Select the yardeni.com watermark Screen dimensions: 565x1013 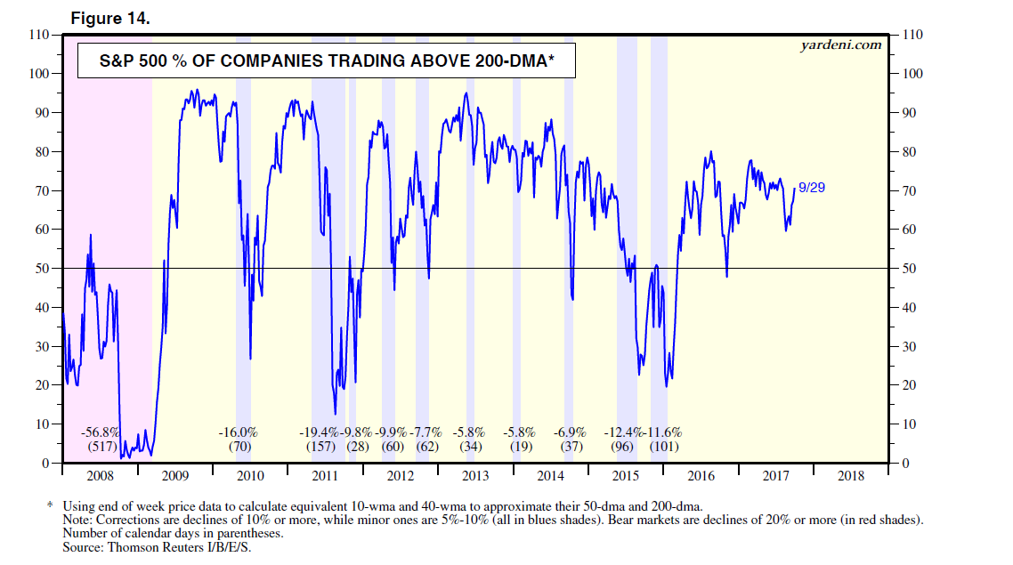point(841,44)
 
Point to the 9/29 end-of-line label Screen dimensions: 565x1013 point(811,187)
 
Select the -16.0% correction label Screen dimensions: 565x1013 point(238,432)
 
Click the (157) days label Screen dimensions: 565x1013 point(320,446)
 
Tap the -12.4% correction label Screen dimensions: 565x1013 point(623,432)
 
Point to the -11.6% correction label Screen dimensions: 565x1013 point(662,432)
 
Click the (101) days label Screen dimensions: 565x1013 point(663,446)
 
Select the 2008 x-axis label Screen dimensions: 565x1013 point(100,476)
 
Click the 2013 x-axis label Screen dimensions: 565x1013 point(474,476)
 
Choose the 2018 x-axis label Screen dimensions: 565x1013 point(850,476)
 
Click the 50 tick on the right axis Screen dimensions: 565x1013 point(911,269)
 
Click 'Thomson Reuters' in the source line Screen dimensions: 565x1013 point(145,547)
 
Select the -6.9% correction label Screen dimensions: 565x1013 point(569,432)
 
